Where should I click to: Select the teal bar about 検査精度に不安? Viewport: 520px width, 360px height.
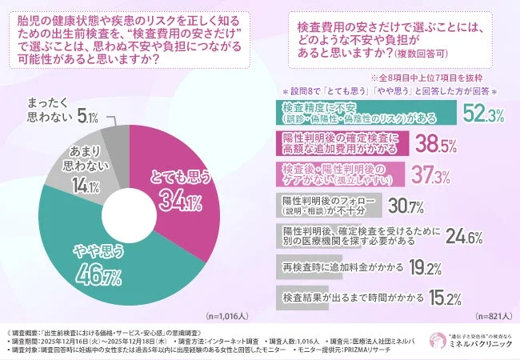tap(368, 114)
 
